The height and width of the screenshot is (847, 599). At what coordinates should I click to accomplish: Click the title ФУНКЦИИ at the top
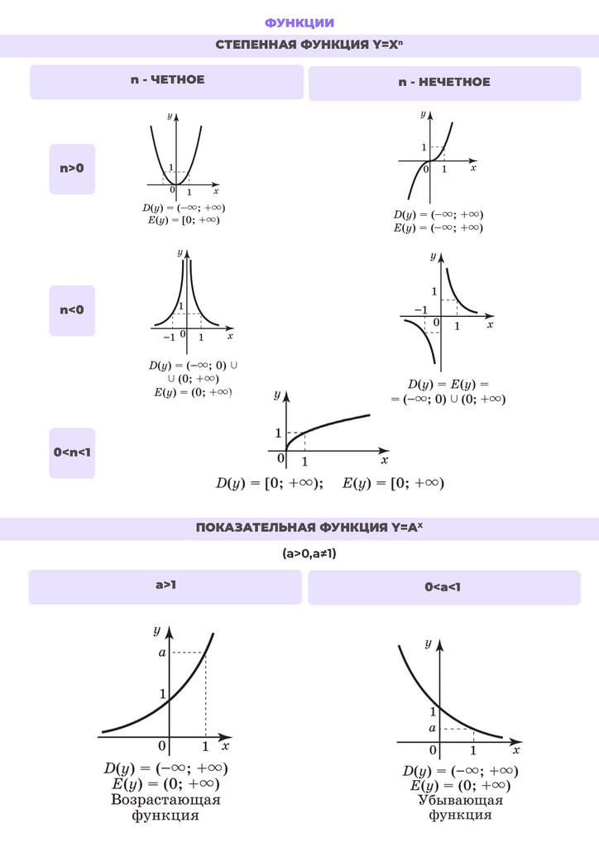[299, 22]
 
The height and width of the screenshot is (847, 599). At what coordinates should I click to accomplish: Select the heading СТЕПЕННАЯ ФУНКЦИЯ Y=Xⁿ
[299, 45]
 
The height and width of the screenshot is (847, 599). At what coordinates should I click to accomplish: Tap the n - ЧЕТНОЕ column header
[167, 80]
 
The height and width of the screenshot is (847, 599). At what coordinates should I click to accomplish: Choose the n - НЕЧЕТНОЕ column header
[443, 82]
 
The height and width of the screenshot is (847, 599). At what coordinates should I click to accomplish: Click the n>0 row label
[72, 168]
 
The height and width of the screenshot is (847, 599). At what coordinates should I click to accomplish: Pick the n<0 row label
[72, 310]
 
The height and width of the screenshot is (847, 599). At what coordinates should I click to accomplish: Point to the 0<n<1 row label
[72, 452]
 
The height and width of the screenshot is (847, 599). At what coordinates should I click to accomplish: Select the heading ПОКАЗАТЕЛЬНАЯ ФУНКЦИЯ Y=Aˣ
[299, 528]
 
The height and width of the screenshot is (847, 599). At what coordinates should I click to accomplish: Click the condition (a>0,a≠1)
[299, 554]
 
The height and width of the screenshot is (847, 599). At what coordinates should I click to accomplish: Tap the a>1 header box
[166, 586]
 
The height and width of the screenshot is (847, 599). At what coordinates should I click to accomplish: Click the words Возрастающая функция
[165, 807]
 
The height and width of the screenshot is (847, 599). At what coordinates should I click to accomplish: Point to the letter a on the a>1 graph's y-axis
[162, 653]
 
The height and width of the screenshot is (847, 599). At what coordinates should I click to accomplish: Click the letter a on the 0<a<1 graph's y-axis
[433, 729]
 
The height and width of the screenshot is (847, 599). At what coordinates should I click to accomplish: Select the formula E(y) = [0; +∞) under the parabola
[184, 220]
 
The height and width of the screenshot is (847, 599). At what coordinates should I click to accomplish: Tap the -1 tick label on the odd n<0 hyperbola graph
[420, 310]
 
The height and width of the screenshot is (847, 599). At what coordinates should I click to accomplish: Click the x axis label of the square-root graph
[385, 459]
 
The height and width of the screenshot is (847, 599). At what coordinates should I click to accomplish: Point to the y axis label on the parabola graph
[170, 116]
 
